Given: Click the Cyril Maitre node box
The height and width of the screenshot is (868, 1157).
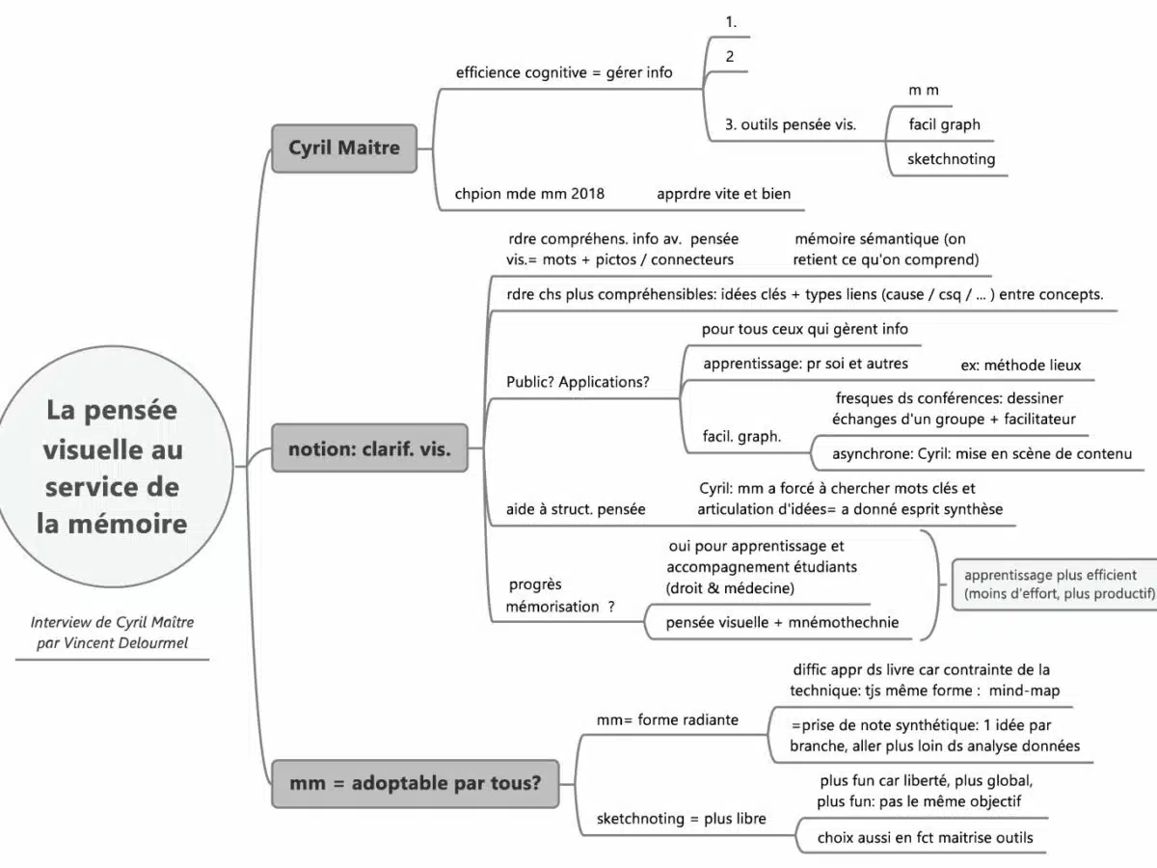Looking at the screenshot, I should (344, 149).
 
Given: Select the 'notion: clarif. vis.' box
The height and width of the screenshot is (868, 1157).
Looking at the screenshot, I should (369, 448).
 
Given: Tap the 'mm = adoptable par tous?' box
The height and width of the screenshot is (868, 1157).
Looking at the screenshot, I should (415, 783).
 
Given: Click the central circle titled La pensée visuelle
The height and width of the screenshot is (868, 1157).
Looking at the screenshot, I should (113, 467).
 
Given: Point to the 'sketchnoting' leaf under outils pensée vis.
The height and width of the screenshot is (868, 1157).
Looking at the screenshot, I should (951, 159).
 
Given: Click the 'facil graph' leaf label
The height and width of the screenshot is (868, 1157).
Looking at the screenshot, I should (944, 124).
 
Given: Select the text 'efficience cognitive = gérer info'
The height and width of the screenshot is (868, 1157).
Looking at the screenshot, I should (564, 72).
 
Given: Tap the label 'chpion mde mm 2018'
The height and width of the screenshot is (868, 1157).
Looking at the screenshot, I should (529, 193).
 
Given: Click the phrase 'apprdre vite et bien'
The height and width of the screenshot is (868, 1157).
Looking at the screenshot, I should (723, 193).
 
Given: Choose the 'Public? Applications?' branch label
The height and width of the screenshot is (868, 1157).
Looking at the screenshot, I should (578, 382).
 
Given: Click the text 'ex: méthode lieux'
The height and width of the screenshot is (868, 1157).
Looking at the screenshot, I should (1021, 366).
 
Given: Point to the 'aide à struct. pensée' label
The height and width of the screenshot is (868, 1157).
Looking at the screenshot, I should (576, 508).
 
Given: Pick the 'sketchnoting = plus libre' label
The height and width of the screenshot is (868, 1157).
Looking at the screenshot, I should (681, 819).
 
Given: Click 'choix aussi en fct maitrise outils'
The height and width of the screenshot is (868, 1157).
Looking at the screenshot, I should (925, 838).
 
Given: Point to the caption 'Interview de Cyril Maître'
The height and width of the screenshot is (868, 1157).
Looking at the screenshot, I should (112, 623).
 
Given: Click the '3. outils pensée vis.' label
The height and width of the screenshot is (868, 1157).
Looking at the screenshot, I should (790, 124).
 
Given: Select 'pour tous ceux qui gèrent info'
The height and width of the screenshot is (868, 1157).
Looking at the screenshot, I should (804, 329).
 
